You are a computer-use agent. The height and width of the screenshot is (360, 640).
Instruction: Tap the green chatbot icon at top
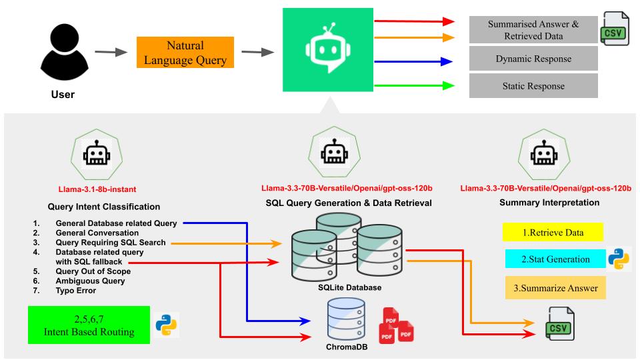point(327,51)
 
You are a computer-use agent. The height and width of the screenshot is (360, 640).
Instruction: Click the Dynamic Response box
point(533,59)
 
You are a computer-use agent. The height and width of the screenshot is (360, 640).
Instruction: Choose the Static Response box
point(533,86)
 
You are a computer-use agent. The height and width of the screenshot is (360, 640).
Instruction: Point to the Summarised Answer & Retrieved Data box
point(533,30)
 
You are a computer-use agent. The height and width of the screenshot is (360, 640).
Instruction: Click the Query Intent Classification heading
point(104,207)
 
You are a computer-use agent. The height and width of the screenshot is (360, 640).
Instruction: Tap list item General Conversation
point(97,233)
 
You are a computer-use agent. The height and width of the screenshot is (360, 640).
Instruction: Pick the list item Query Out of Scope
point(93,271)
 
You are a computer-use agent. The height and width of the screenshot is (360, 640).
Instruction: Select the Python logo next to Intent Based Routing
point(166,325)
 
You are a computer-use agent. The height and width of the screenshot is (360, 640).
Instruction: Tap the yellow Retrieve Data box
point(552,233)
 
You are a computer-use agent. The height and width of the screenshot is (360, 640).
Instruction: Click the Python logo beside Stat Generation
point(619,259)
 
